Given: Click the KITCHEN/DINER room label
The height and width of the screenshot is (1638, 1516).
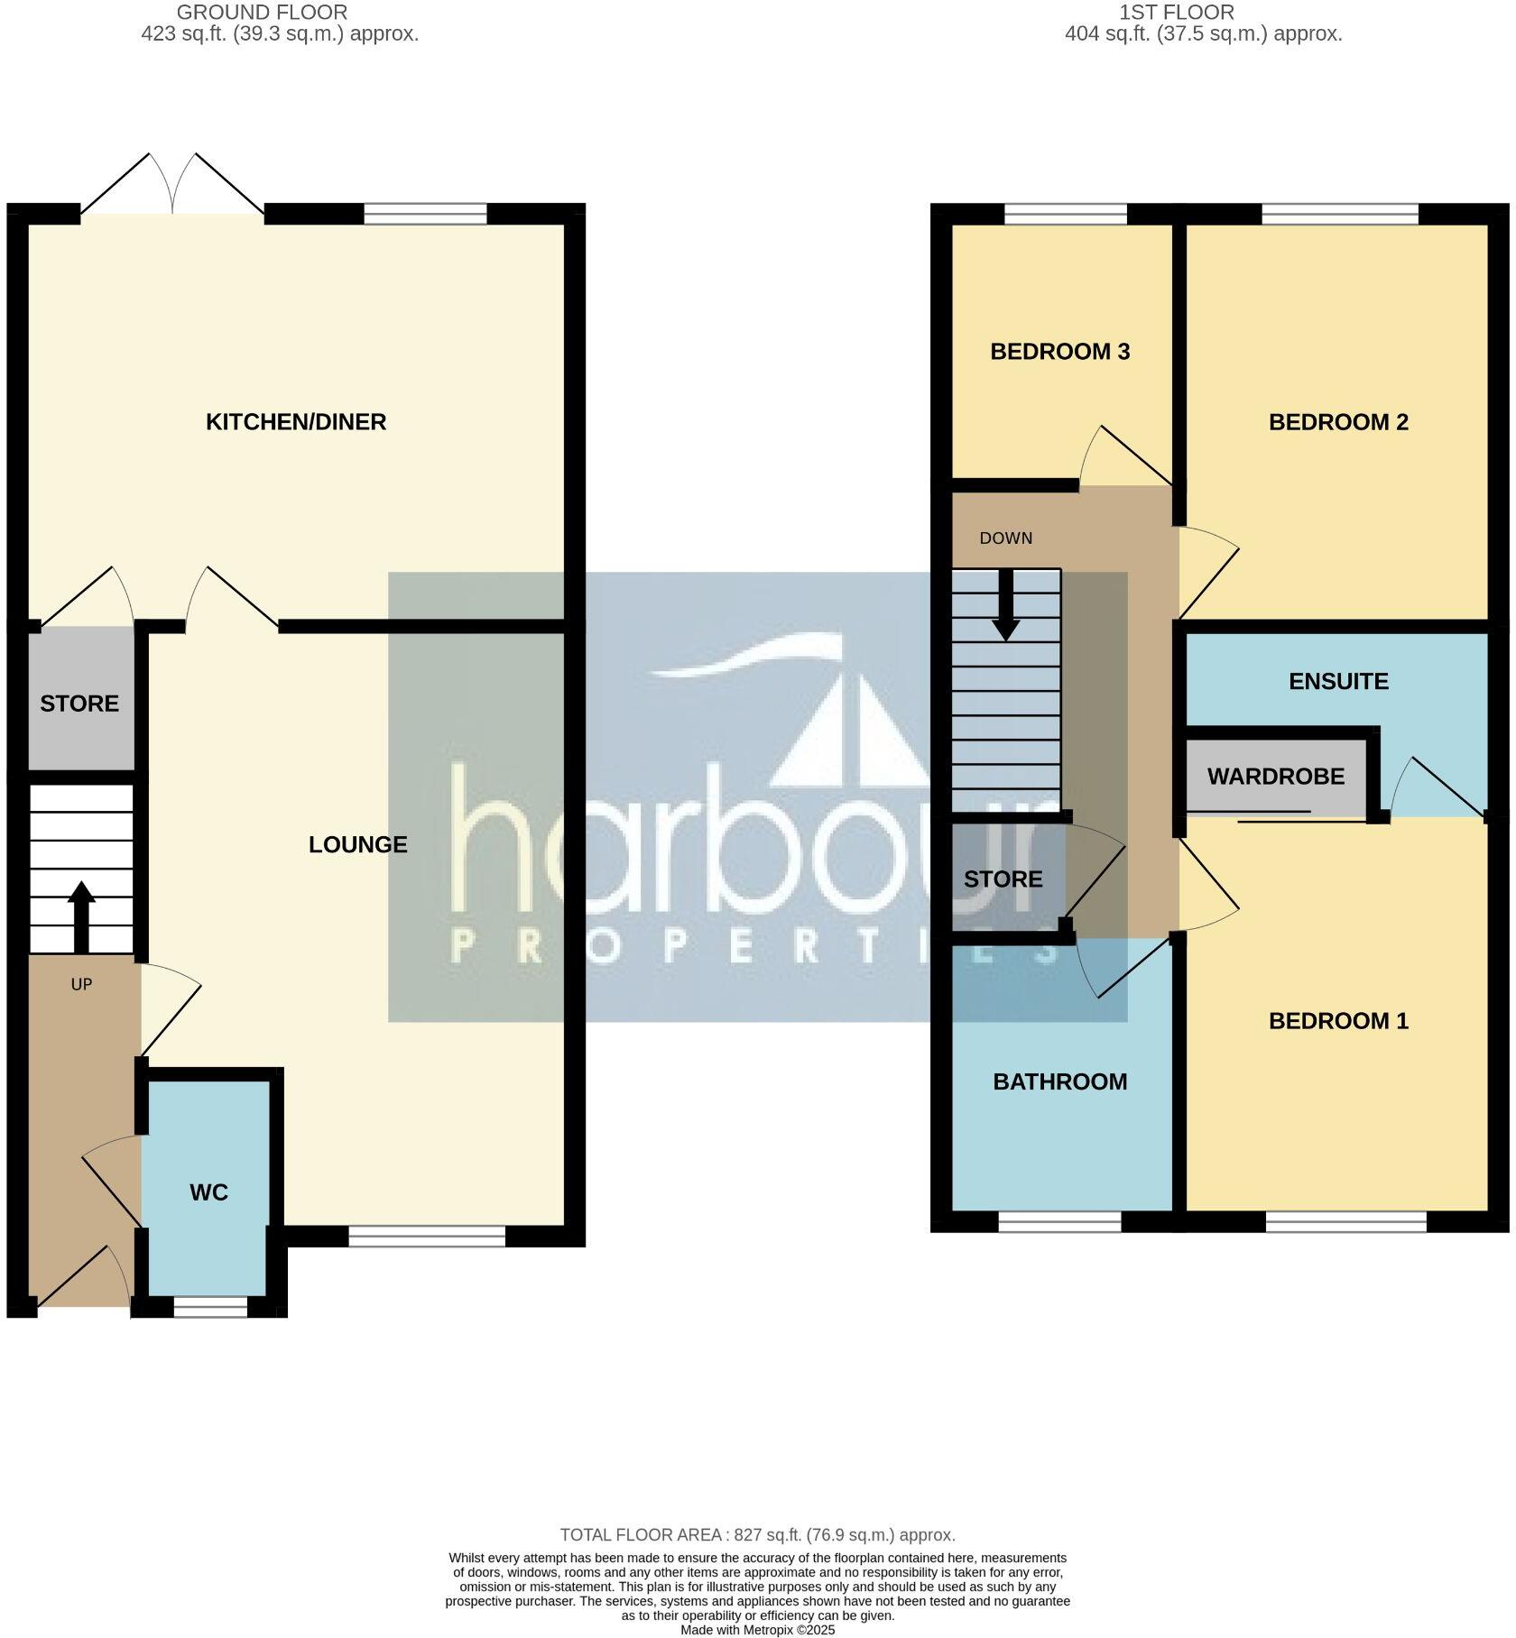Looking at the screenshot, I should tap(296, 422).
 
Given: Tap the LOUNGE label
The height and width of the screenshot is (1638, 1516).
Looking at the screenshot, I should tap(357, 844).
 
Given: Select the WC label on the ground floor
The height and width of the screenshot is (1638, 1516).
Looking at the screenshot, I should tap(208, 1192).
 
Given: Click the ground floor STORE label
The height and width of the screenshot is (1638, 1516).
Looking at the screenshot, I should tap(79, 704).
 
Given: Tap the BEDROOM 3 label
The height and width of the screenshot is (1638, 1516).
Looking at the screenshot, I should tap(1059, 352).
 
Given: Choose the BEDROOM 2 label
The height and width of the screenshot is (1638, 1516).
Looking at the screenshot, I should tap(1338, 422).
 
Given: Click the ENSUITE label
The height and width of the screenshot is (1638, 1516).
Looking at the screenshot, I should tap(1338, 681).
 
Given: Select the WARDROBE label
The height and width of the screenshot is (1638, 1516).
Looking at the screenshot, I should tap(1275, 777).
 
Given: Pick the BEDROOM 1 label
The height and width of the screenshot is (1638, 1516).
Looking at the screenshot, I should tap(1338, 1021).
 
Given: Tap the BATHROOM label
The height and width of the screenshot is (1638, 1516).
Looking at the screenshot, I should tap(1059, 1081).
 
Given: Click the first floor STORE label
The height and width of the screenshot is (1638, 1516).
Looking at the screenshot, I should tap(1003, 879).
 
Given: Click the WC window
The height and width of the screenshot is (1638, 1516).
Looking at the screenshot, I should tap(210, 1307).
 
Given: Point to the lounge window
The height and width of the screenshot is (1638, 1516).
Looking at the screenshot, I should tap(427, 1237).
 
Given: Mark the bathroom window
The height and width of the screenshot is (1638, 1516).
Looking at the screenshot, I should tap(1059, 1221).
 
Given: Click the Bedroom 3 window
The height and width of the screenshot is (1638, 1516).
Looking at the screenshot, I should tap(1065, 214).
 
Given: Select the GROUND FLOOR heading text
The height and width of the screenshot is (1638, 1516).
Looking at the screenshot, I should tap(262, 13).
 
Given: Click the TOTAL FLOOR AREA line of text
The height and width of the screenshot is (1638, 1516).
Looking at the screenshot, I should tap(757, 1534).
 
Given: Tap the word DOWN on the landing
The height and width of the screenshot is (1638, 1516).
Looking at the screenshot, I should tap(1005, 538).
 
